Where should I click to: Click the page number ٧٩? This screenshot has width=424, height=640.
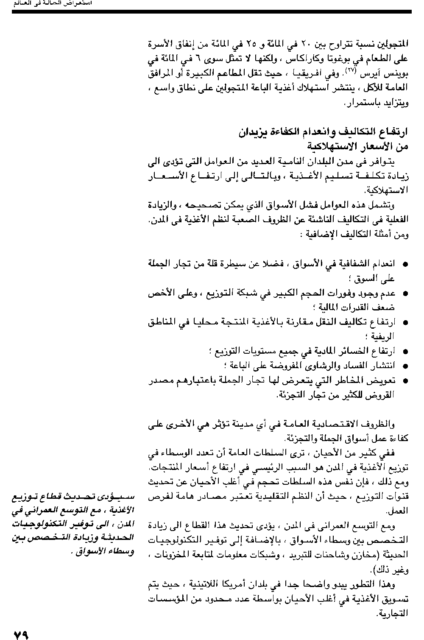(21, 634)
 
